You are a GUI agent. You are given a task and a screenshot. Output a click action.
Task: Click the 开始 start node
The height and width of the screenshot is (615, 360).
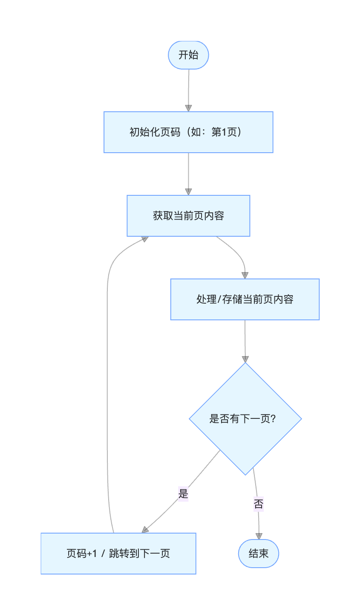click(x=188, y=55)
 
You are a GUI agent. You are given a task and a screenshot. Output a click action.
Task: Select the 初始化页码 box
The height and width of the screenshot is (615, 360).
click(x=188, y=132)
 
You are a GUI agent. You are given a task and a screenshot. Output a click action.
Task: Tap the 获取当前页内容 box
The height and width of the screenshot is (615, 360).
click(x=188, y=216)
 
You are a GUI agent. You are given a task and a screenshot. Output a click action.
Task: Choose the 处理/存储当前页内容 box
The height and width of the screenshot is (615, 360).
click(x=245, y=299)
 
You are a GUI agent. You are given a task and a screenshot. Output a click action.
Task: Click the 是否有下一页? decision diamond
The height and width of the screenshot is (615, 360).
click(x=245, y=419)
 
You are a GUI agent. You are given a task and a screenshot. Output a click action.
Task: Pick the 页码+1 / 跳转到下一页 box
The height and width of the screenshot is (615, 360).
click(x=118, y=554)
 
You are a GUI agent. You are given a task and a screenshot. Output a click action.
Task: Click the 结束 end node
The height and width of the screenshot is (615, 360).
click(x=259, y=554)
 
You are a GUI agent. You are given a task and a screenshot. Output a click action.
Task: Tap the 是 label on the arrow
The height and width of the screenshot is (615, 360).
click(x=183, y=494)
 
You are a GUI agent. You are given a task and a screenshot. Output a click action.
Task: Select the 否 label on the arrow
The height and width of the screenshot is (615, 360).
click(x=258, y=504)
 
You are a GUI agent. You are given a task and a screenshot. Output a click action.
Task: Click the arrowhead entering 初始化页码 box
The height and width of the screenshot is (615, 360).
click(x=188, y=108)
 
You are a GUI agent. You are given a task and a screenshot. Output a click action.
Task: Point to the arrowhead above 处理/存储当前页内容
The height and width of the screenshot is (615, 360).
click(x=245, y=276)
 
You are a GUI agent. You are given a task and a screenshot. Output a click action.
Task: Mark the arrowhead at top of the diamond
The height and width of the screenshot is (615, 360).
click(x=245, y=359)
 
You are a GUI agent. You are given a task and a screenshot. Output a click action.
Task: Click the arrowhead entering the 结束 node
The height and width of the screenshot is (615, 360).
click(x=259, y=536)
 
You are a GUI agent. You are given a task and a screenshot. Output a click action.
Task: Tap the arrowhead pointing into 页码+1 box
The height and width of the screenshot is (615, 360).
click(x=145, y=529)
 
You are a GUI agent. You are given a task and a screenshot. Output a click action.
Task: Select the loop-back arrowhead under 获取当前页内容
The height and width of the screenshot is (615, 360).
click(x=144, y=239)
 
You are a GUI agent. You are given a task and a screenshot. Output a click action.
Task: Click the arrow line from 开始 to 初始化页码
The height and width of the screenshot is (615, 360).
click(x=188, y=87)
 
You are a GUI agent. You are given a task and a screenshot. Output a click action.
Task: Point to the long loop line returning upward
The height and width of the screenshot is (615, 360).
click(x=107, y=384)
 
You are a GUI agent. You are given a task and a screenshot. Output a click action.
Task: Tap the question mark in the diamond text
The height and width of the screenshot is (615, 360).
click(x=274, y=419)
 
